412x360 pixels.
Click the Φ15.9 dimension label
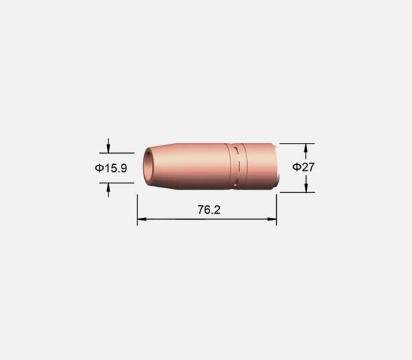tap(111, 168)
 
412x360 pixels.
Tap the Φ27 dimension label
tap(304, 167)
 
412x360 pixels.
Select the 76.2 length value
tap(209, 210)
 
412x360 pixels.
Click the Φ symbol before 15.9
tap(100, 168)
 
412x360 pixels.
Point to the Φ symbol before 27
tap(297, 167)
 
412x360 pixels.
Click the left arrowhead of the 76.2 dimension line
tap(141, 219)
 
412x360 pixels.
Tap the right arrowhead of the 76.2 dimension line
tap(272, 219)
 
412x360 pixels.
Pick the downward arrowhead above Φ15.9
tap(108, 148)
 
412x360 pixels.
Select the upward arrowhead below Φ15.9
tap(108, 188)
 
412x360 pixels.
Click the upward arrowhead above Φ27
tap(306, 148)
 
